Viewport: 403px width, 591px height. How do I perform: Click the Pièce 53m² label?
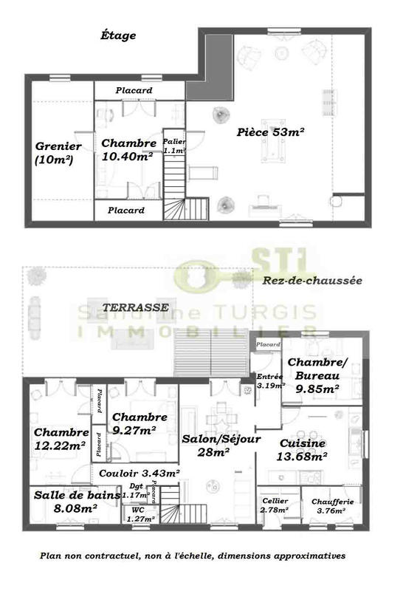pos(271,131)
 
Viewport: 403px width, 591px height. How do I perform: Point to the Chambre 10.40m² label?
pos(128,149)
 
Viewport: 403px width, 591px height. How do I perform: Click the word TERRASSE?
pos(136,307)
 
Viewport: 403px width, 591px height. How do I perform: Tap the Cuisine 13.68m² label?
pos(303,449)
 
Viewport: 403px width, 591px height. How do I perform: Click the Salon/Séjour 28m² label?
pos(221,445)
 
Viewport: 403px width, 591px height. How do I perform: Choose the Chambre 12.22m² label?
pos(61,438)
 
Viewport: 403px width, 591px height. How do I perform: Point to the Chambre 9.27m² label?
pos(139,423)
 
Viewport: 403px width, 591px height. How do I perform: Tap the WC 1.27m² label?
pos(139,514)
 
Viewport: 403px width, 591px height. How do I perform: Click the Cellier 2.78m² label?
pos(275,505)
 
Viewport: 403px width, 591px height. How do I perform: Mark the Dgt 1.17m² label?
pos(134,491)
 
